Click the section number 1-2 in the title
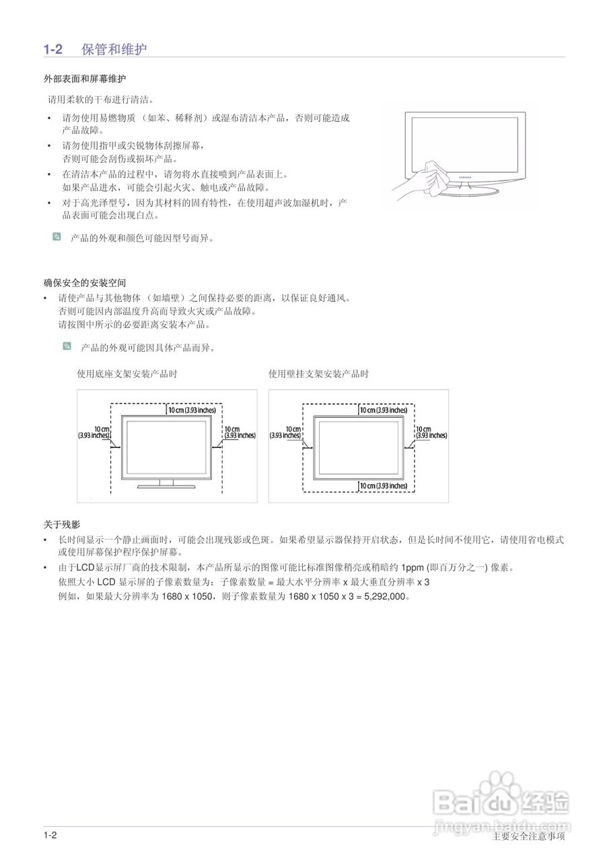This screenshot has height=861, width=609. pos(53,49)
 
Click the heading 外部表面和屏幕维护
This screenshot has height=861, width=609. pos(85,79)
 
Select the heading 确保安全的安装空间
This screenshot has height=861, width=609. pos(85,283)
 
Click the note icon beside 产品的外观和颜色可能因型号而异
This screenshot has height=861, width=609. pos(57,237)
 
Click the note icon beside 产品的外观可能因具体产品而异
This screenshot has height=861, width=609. pos(67,346)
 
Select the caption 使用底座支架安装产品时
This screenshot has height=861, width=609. pos(127,374)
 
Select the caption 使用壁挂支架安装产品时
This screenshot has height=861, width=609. pos(318,374)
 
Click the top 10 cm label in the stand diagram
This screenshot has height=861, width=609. pos(192,410)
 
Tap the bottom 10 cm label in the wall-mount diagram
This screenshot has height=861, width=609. pos(383,486)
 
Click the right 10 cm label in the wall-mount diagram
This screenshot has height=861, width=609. pos(431,432)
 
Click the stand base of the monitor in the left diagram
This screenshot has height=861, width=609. pos(166,486)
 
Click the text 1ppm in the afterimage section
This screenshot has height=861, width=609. pos(413,567)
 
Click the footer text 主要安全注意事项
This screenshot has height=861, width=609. pos(528,837)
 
